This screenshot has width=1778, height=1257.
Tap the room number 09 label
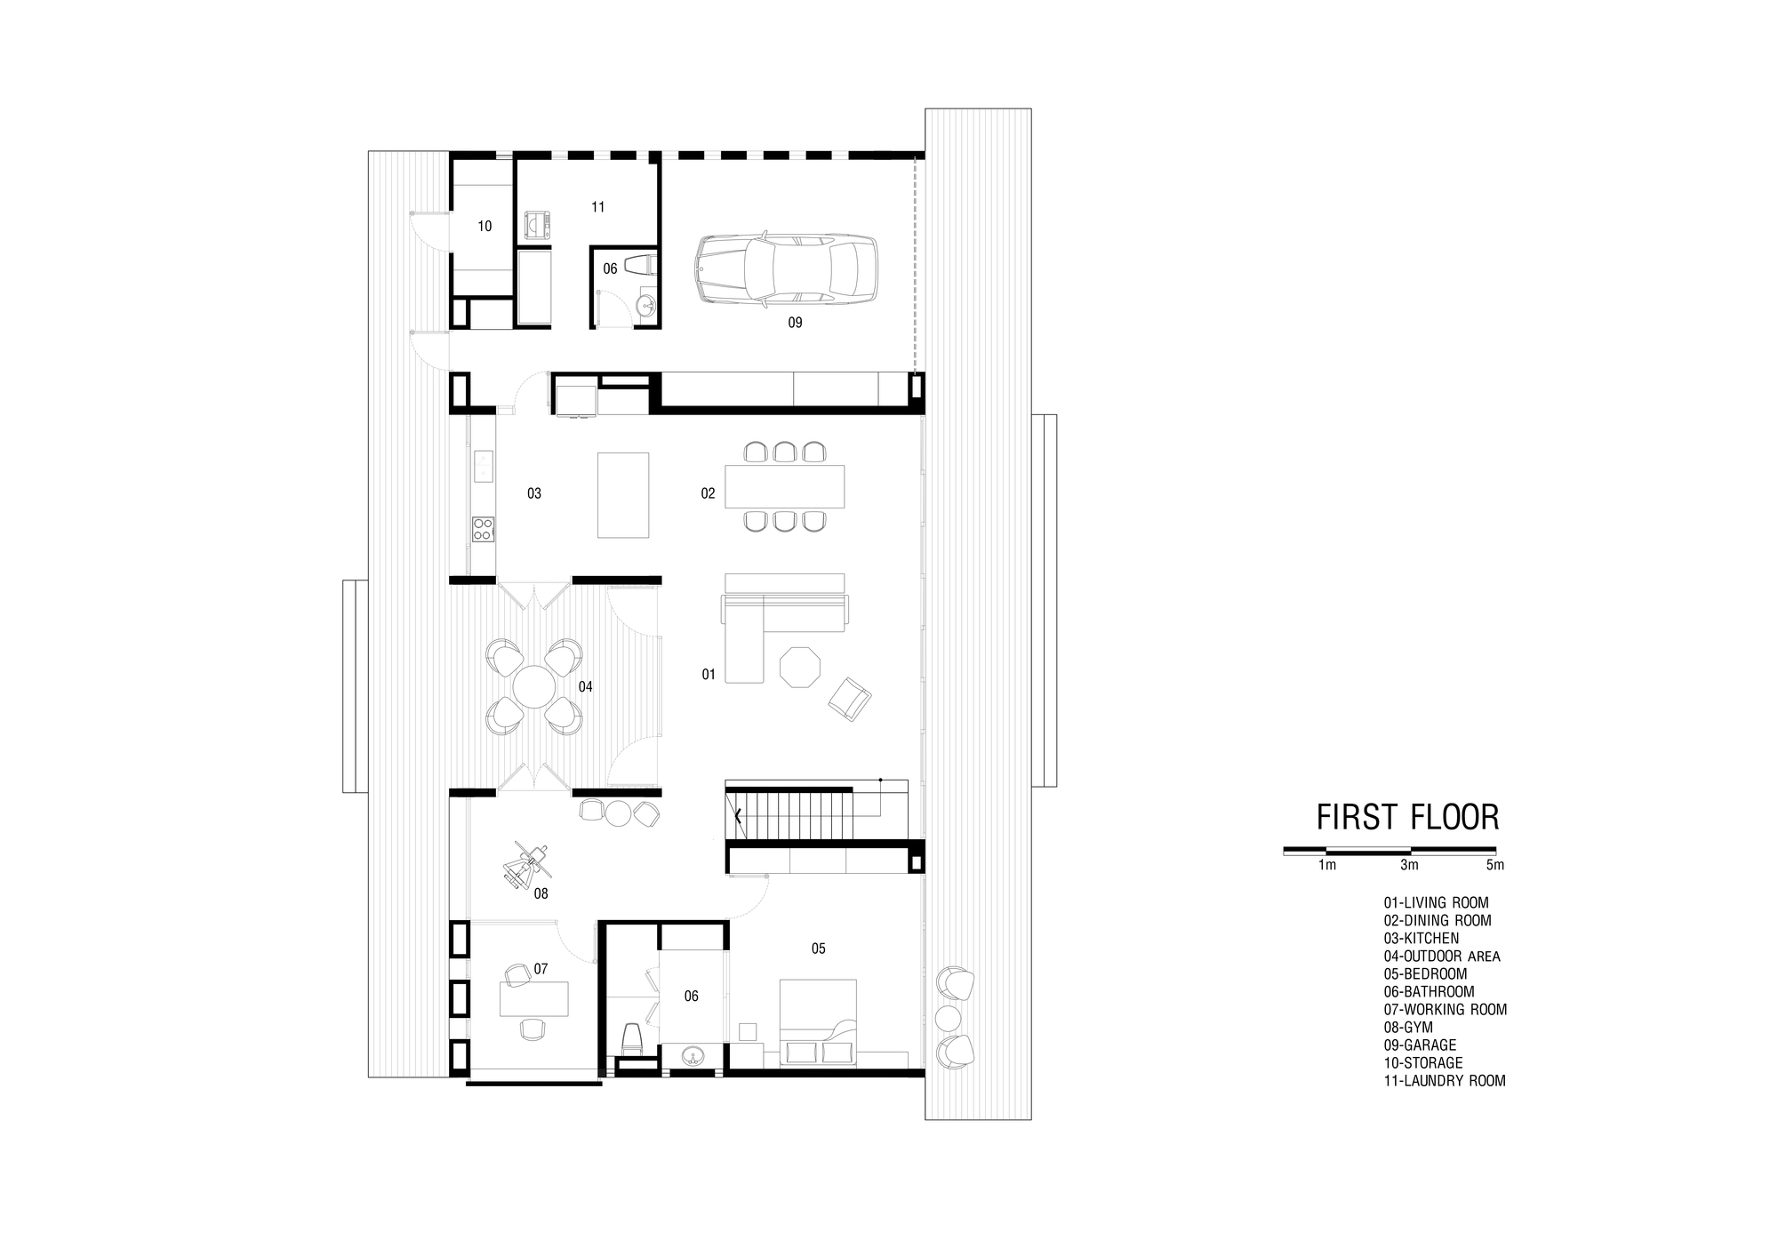pos(795,323)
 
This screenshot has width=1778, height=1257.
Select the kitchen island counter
pos(623,494)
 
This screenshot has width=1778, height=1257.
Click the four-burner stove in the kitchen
pos(483,530)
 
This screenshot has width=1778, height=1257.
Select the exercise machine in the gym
pos(527,863)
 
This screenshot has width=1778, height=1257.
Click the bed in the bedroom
pos(818,1022)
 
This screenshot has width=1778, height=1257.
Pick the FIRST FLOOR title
pos(1407,817)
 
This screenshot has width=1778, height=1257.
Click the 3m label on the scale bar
pos(1409,865)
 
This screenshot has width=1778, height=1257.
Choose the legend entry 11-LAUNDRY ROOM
pos(1444,1081)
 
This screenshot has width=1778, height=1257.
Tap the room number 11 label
pos(598,207)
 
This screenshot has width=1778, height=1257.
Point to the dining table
pos(784,486)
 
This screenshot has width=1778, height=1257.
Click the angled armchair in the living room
pos(850,698)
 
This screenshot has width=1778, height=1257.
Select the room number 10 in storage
pos(485,227)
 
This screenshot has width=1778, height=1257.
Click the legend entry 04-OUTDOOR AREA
pos(1441,957)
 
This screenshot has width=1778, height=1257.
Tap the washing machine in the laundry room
pos(537,226)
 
